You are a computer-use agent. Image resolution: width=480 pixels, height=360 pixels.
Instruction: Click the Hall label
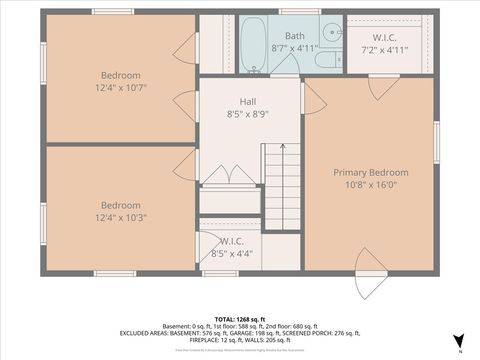click(248, 101)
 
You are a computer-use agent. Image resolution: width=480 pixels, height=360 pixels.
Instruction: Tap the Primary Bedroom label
click(370, 172)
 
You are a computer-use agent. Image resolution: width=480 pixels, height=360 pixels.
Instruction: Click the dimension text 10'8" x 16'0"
click(370, 184)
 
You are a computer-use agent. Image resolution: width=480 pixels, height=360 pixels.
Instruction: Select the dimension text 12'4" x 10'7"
click(120, 87)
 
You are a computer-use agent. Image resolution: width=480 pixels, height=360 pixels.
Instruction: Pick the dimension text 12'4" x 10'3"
click(120, 217)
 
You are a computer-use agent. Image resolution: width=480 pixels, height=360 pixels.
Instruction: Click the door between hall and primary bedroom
click(313, 97)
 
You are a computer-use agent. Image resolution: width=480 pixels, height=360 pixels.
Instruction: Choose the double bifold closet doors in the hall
click(230, 175)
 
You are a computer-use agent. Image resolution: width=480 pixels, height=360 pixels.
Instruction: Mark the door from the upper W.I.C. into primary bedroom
click(382, 88)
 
